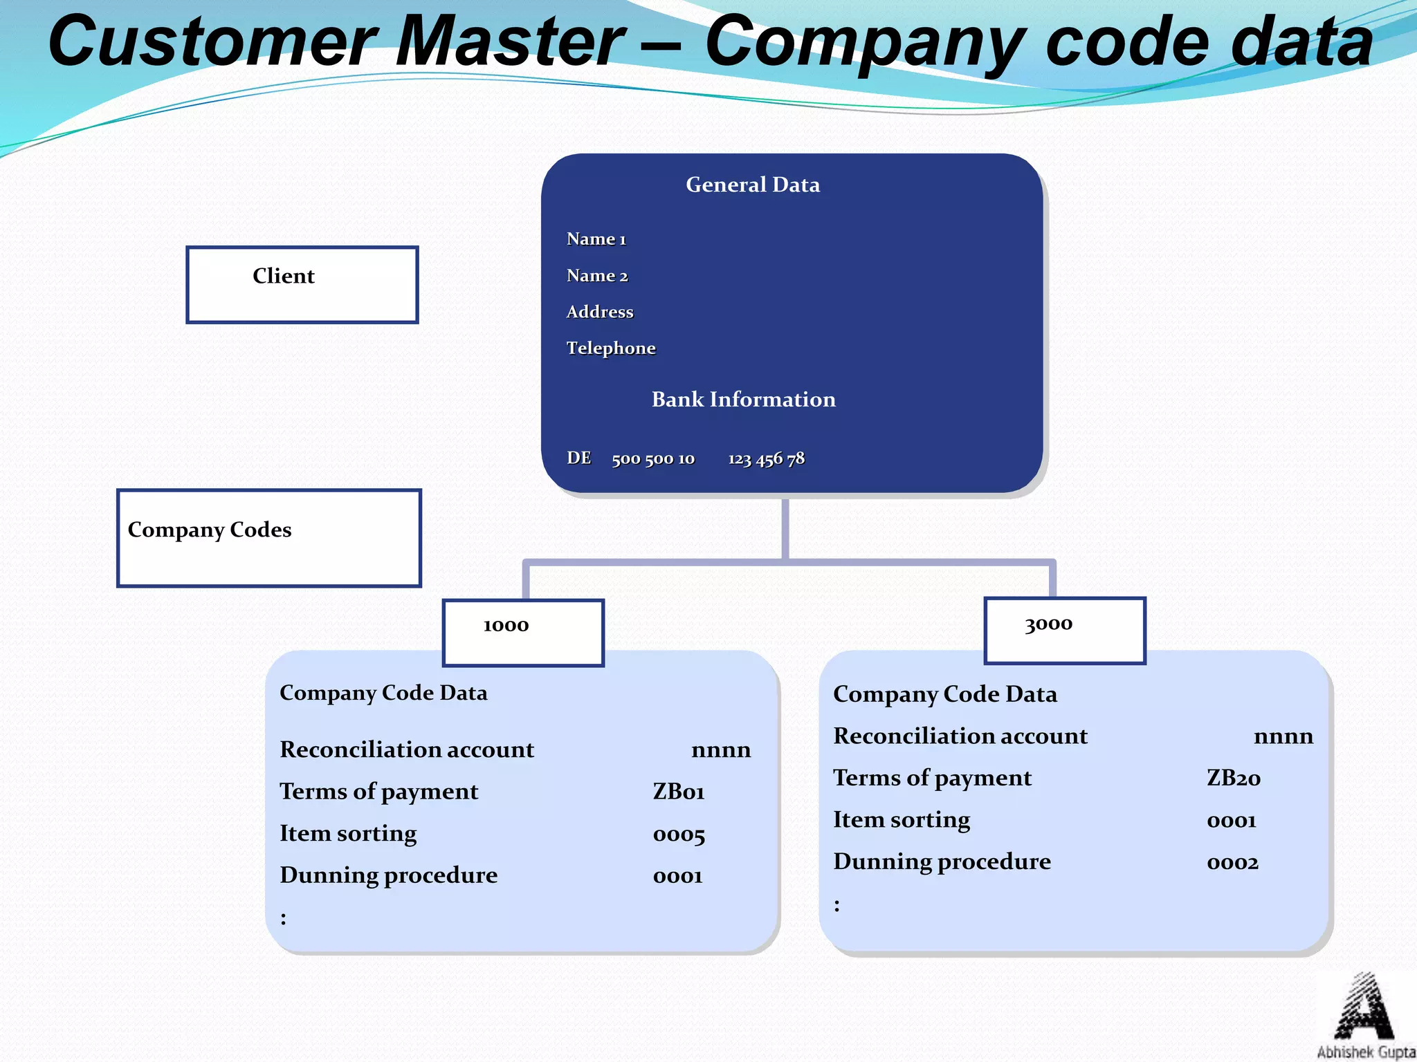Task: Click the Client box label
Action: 283,276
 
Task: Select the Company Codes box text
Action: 210,530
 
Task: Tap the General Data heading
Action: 752,185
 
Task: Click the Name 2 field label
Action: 596,275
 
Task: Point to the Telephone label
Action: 610,348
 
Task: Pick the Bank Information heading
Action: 743,399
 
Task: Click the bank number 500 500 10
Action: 652,458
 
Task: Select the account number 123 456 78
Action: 766,458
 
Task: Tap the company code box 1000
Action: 522,632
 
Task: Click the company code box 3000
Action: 1064,630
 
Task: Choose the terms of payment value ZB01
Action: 678,792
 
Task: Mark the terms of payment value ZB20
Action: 1233,778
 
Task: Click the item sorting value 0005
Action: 678,835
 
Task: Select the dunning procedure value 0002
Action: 1232,862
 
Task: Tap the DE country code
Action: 578,458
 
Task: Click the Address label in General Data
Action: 599,312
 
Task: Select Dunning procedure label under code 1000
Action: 388,875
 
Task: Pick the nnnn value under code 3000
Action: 1283,736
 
